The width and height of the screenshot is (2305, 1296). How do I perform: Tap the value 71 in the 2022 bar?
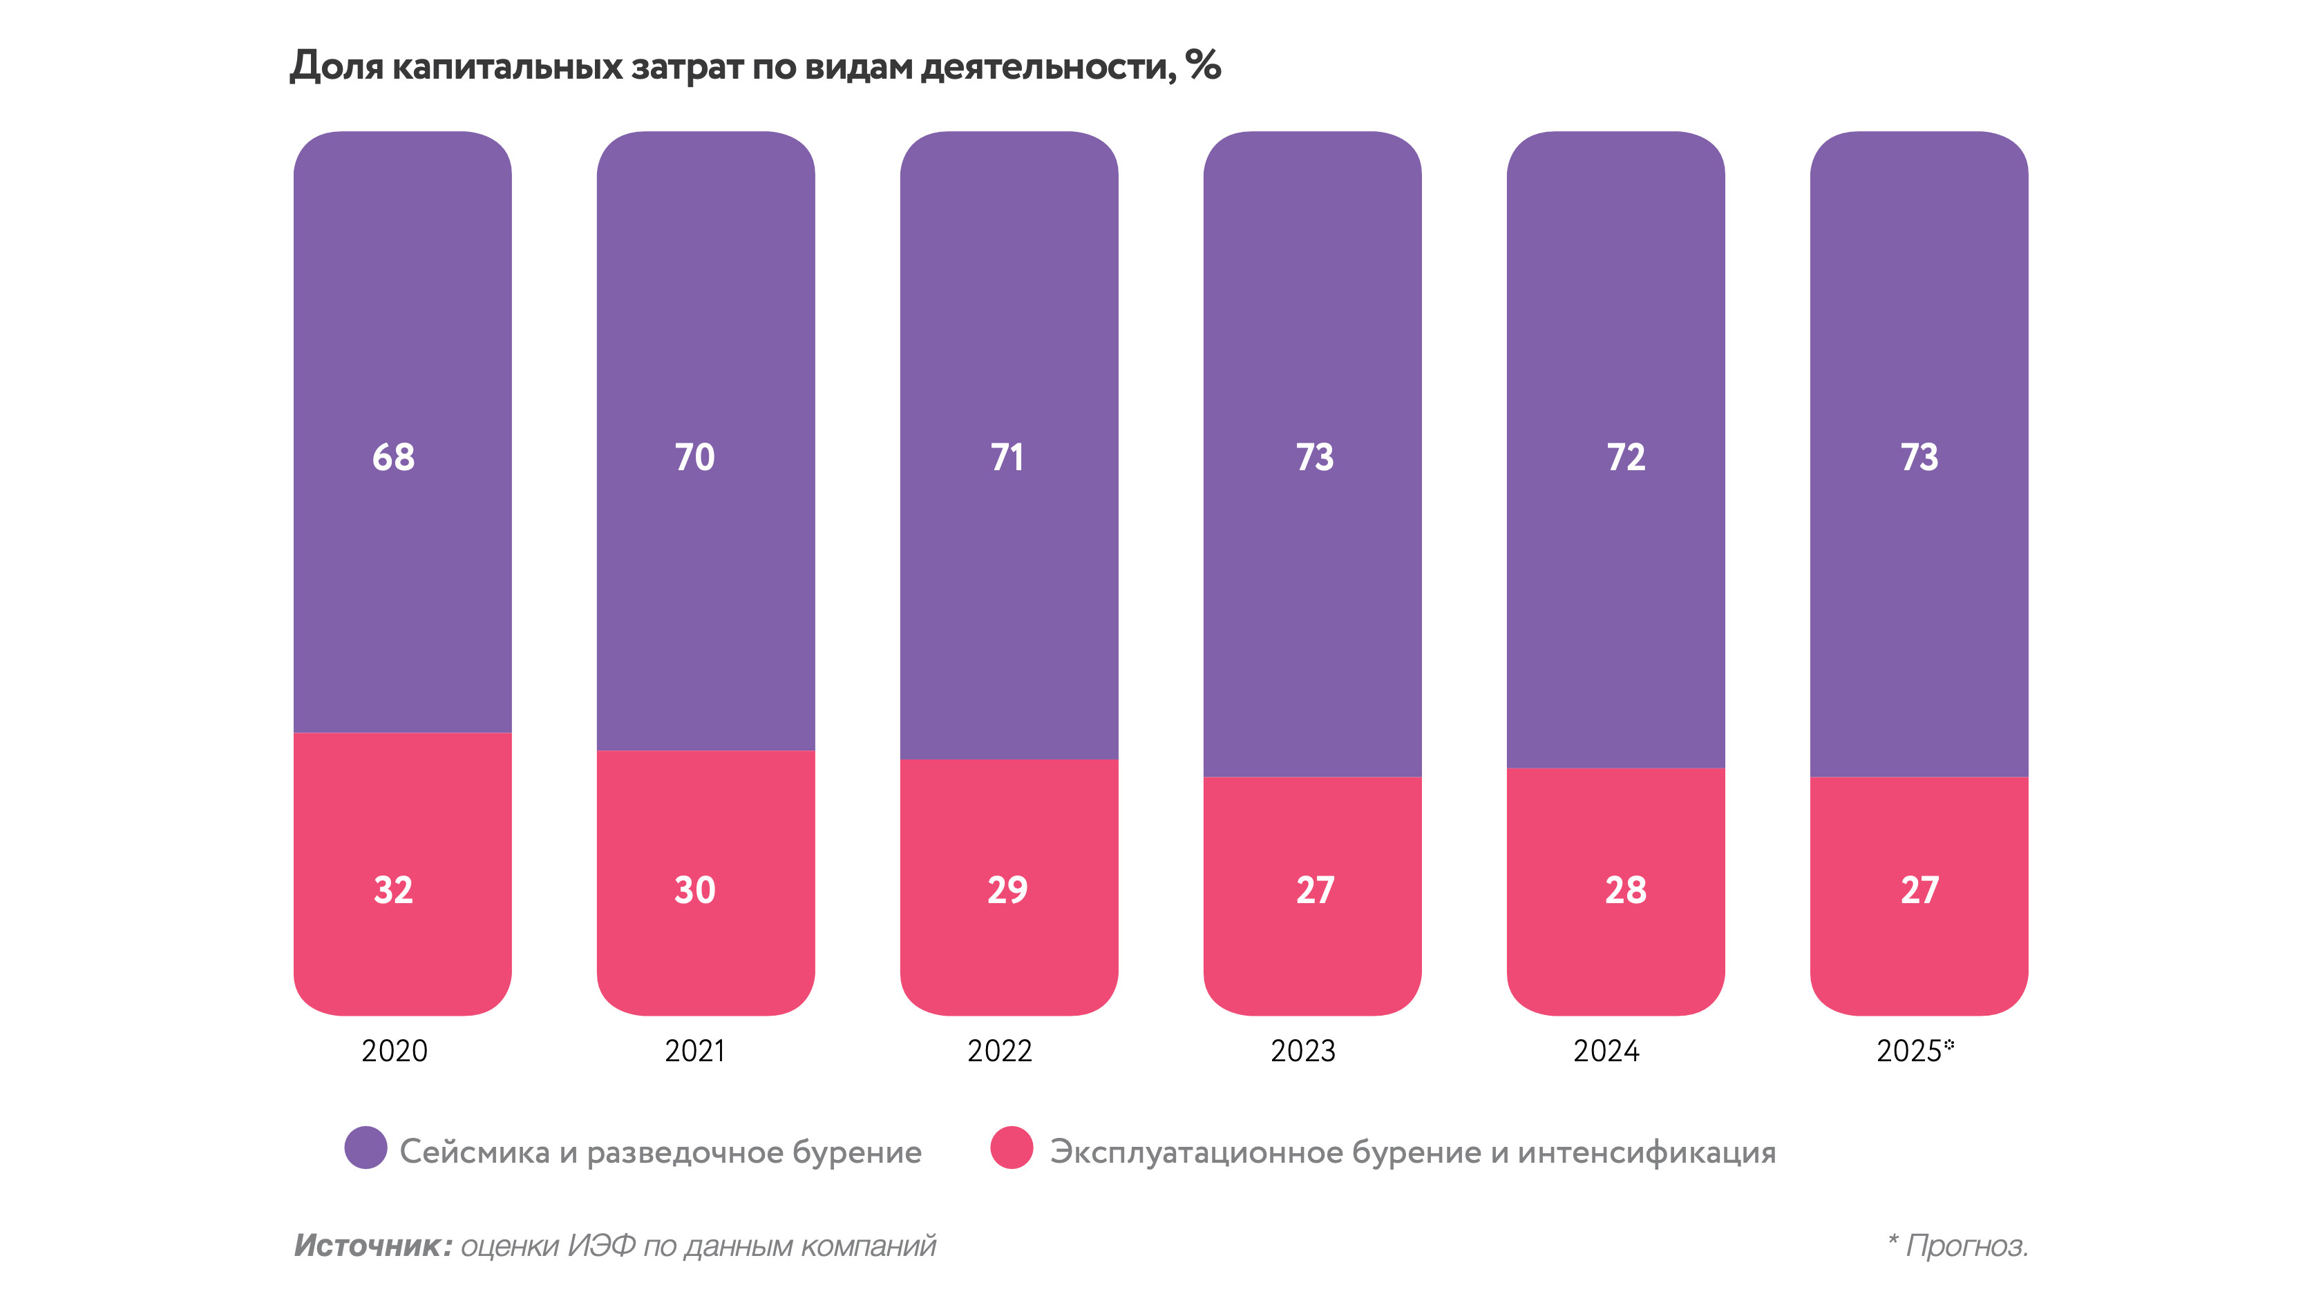click(x=1007, y=457)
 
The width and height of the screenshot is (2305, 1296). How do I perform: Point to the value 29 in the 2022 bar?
click(x=1007, y=890)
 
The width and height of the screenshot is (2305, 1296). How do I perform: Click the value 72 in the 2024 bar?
click(x=1625, y=457)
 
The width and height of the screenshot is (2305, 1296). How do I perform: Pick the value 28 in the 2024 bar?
click(x=1625, y=890)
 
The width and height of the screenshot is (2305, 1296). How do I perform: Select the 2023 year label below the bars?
click(x=1303, y=1050)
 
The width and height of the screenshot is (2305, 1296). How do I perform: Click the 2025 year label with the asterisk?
click(x=1914, y=1050)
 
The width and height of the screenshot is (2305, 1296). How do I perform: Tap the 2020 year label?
click(x=395, y=1050)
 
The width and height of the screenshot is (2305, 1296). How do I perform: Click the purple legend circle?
click(x=365, y=1148)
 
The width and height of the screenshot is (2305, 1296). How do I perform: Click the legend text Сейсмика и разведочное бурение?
click(x=661, y=1152)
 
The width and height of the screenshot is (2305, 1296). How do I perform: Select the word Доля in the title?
click(x=336, y=66)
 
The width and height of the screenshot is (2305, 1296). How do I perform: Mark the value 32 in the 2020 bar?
click(x=393, y=890)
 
